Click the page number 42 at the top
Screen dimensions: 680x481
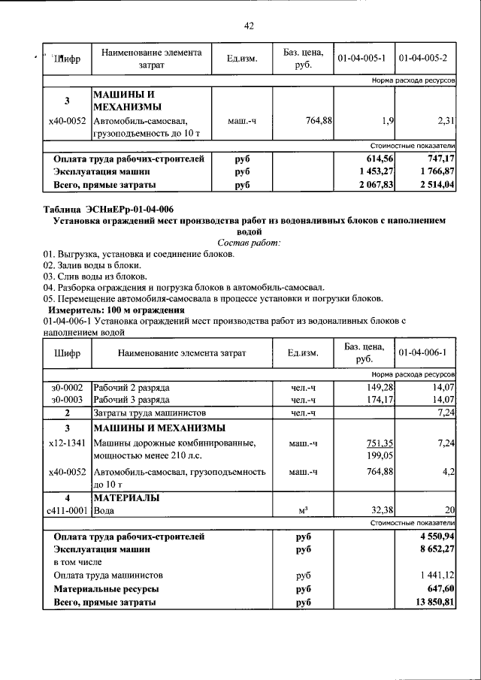coord(249,26)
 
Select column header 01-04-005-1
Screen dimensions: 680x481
coord(362,58)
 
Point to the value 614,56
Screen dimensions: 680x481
coord(378,159)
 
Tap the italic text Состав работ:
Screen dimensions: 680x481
coord(248,243)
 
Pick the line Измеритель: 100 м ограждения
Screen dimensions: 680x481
coord(116,310)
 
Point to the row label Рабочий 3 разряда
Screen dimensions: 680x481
coord(131,399)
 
